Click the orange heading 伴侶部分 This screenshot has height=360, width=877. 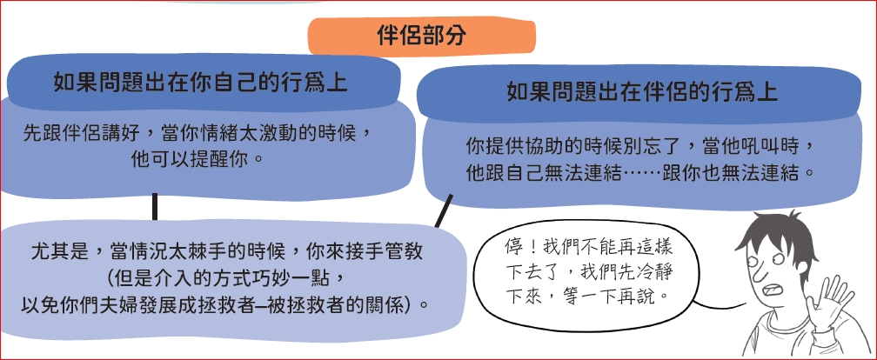pyautogui.click(x=421, y=37)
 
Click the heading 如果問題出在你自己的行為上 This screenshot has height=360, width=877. pyautogui.click(x=200, y=83)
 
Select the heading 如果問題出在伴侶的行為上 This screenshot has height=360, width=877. pyautogui.click(x=641, y=91)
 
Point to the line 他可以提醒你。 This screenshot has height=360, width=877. pyautogui.click(x=197, y=160)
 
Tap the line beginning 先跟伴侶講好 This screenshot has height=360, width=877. pyautogui.click(x=197, y=134)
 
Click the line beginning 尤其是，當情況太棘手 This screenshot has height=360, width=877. pyautogui.click(x=226, y=251)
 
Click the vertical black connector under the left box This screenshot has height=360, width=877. pyautogui.click(x=155, y=207)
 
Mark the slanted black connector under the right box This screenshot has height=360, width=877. pyautogui.click(x=444, y=211)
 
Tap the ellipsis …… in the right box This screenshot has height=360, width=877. pyautogui.click(x=641, y=174)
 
